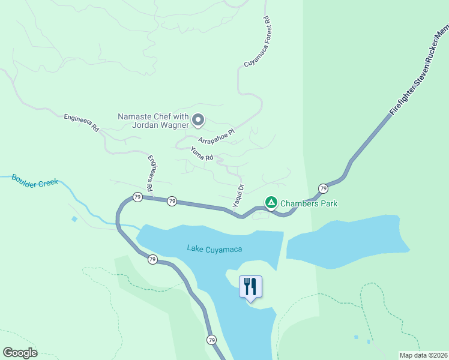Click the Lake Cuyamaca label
209,248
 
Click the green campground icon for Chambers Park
271,203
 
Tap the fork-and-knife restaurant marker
250,287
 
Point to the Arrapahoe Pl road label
215,139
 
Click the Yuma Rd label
202,154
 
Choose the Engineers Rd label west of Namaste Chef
81,123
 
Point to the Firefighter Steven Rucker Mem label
418,70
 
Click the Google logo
20,353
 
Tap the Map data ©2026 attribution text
424,355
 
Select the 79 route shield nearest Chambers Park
323,188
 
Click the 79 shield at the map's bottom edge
211,340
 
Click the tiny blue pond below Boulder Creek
74,219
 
